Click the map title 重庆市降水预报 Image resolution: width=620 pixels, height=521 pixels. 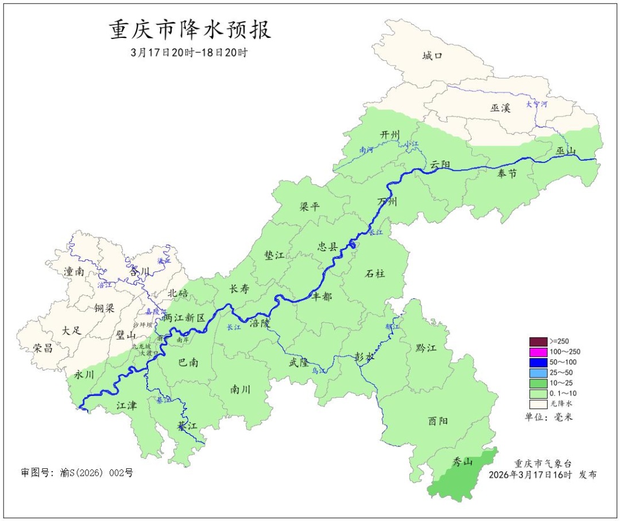(x=190, y=30)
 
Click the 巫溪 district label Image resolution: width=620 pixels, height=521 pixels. (x=500, y=107)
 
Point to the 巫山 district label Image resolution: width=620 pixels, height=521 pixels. (x=565, y=151)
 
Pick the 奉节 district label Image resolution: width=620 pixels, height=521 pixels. (x=507, y=174)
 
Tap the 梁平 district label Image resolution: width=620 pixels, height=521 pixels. (x=310, y=207)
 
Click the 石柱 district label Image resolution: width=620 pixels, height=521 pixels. (x=375, y=274)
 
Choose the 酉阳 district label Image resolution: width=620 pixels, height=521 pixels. (x=437, y=421)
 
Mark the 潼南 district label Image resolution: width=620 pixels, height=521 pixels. (x=75, y=271)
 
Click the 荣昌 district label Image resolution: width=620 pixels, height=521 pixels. (x=43, y=348)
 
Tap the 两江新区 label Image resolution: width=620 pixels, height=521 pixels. (x=184, y=317)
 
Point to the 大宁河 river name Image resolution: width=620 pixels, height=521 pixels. (x=537, y=104)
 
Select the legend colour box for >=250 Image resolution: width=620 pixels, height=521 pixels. (x=538, y=341)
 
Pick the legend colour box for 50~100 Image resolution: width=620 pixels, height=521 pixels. (x=538, y=362)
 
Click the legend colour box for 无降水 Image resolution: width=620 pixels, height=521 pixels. (x=538, y=404)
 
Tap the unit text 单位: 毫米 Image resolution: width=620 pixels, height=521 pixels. (x=548, y=417)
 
